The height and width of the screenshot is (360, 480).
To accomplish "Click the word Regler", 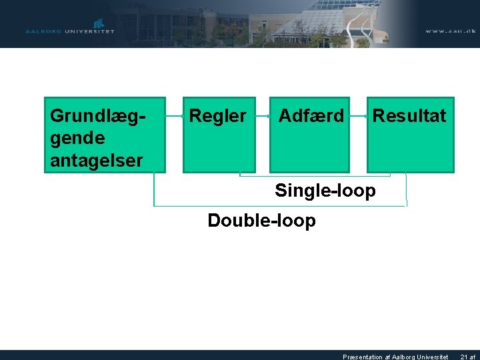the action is coord(217,116).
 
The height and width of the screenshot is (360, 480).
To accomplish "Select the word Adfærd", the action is coord(311,116).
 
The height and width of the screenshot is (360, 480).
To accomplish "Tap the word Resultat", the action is coord(409,116).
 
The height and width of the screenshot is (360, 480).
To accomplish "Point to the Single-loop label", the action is coord(325,191).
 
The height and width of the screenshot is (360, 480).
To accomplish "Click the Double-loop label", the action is coord(261,220).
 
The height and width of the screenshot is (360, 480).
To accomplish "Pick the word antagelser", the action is coord(96,161).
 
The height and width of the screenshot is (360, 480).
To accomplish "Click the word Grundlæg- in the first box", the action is coord(98,116).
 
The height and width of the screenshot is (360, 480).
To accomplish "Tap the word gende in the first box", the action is coord(77,138).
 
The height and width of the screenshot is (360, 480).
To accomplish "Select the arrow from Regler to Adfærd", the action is coord(263,116).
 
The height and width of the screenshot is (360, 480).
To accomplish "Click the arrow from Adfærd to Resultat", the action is coord(359,116).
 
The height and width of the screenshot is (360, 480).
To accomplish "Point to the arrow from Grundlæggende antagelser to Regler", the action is coord(175,116).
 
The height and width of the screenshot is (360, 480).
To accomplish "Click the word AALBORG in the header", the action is coord(42,31).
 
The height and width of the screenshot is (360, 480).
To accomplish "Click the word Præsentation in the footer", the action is coord(364,357).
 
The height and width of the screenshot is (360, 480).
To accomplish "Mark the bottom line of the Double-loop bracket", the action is coord(280,206).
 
